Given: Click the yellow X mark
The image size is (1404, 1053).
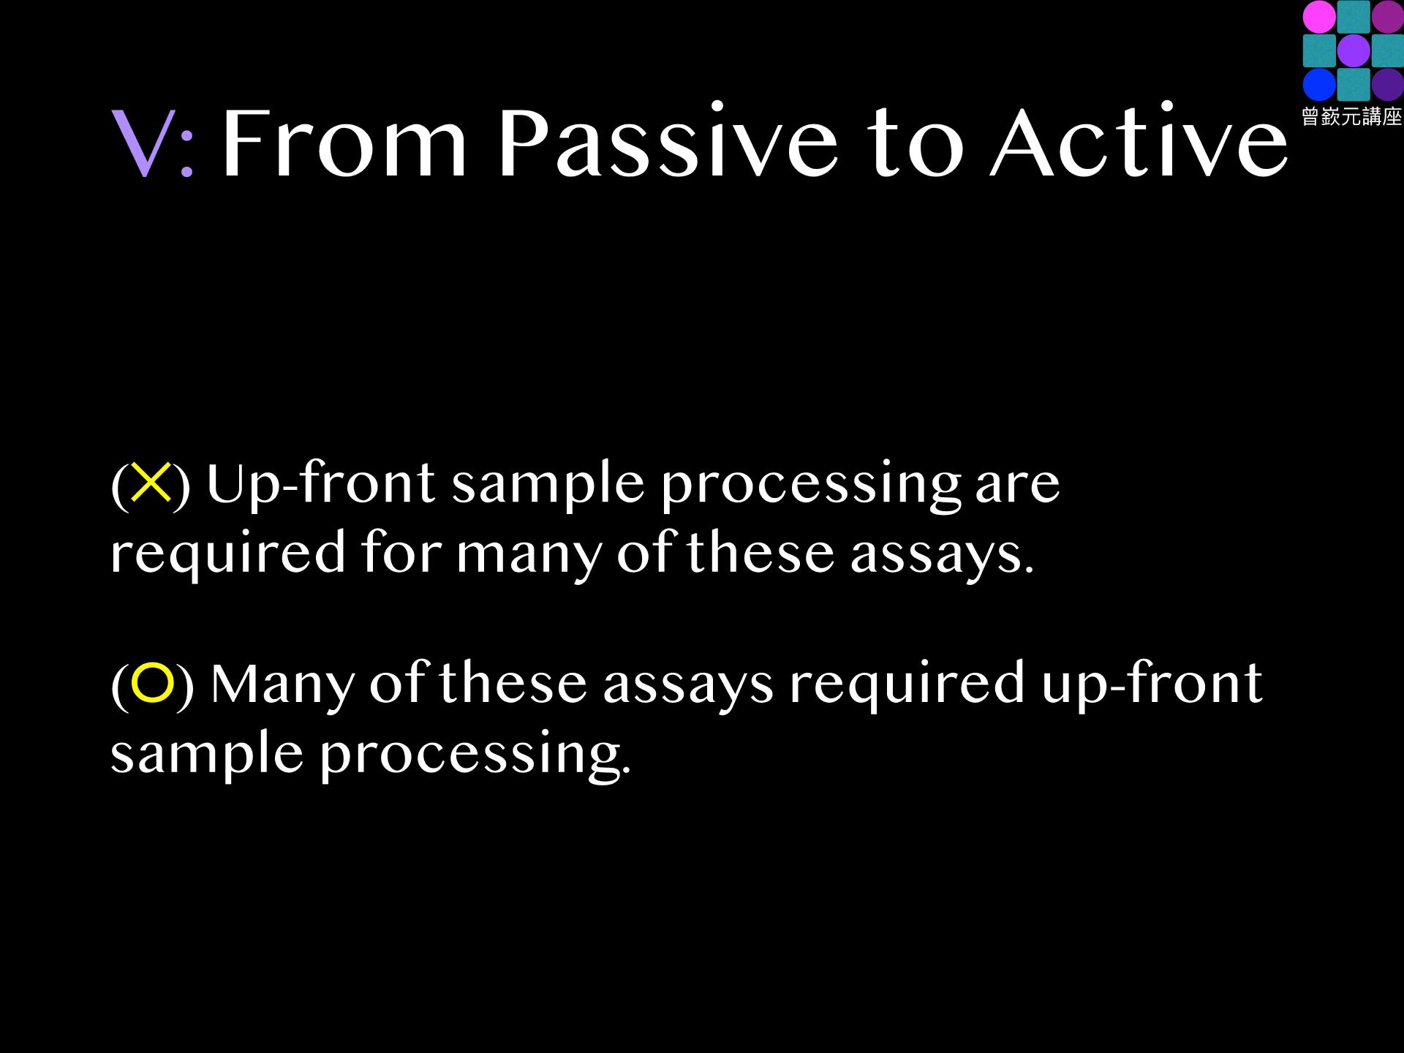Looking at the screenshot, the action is [x=151, y=483].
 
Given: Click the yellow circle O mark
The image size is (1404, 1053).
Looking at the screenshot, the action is [x=152, y=683].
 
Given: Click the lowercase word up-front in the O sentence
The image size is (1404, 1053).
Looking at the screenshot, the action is [x=1152, y=684].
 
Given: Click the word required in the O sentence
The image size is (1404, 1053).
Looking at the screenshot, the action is [x=907, y=684].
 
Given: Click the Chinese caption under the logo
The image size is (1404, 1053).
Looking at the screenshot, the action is [x=1352, y=116].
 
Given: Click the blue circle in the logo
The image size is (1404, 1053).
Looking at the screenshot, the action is [x=1320, y=85].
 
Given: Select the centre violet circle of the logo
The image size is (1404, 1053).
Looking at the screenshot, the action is [x=1354, y=51].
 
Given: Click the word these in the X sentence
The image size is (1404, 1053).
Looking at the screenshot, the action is [x=760, y=551].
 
